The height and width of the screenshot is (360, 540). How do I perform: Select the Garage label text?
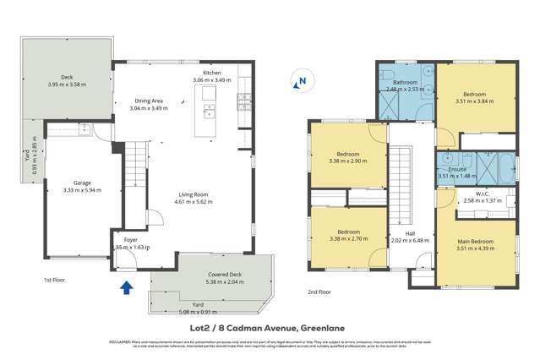(81, 186)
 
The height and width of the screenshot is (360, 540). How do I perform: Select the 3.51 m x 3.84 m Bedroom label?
(476, 95)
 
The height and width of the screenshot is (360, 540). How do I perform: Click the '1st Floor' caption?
(55, 280)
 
